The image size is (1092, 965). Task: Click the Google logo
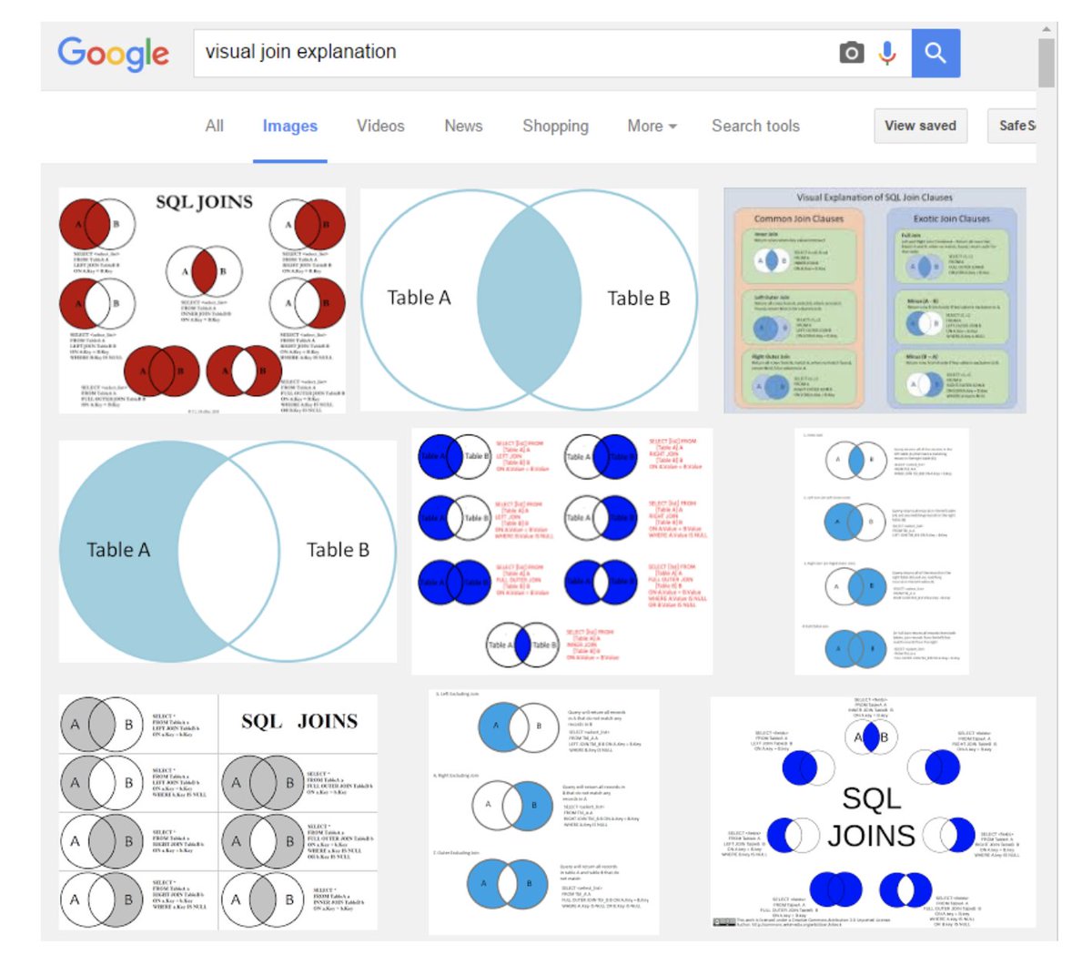coord(113,54)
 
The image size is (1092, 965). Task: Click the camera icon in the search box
coord(851,53)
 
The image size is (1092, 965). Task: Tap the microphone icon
coord(887,53)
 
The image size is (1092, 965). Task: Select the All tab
coord(214,126)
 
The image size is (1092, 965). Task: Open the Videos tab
coord(380,126)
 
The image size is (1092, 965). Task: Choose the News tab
coord(463,126)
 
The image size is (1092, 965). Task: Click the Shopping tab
coord(555,126)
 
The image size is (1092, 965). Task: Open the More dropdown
coord(652,126)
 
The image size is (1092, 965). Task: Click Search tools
coord(755,126)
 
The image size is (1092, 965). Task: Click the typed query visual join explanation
coord(300,52)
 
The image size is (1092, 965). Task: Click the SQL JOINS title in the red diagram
coord(204,202)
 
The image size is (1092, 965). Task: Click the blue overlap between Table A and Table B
coord(530,298)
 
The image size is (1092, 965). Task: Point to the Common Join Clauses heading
coord(798,218)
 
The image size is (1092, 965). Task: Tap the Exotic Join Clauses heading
coord(951,218)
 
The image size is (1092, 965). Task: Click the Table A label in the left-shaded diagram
coord(118,550)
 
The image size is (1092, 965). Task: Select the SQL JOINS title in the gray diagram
coord(298,722)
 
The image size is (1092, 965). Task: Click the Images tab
coord(289,127)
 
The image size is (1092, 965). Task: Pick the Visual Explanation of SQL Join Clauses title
coord(875,197)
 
